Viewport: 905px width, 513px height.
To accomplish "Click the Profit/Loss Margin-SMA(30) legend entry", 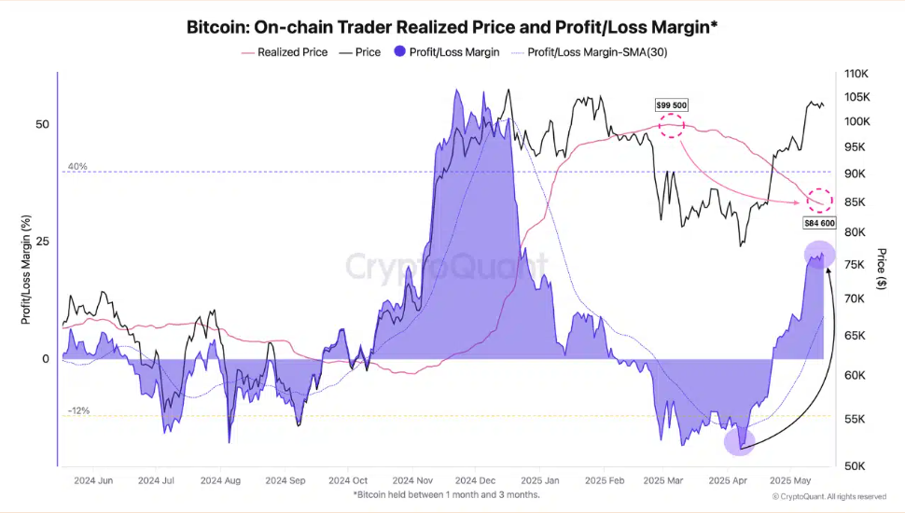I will pos(597,52).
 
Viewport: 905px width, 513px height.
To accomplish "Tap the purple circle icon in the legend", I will pos(400,52).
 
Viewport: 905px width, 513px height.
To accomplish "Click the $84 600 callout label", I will pos(818,223).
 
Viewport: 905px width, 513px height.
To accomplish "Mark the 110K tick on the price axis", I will pos(856,74).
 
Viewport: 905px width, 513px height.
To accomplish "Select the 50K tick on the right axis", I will pos(856,465).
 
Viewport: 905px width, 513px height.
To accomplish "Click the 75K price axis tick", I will pos(856,265).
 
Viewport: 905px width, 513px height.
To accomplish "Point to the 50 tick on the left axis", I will pos(42,124).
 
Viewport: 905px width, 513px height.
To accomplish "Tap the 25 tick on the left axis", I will pos(42,241).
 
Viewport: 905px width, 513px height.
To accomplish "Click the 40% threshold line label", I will pos(77,166).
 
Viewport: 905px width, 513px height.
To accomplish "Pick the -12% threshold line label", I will pos(78,410).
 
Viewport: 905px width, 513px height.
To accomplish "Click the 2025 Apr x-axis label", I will pos(729,481).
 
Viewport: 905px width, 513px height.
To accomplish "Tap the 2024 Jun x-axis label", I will pos(92,481).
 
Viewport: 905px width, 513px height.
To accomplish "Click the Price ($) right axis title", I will pos(883,269).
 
